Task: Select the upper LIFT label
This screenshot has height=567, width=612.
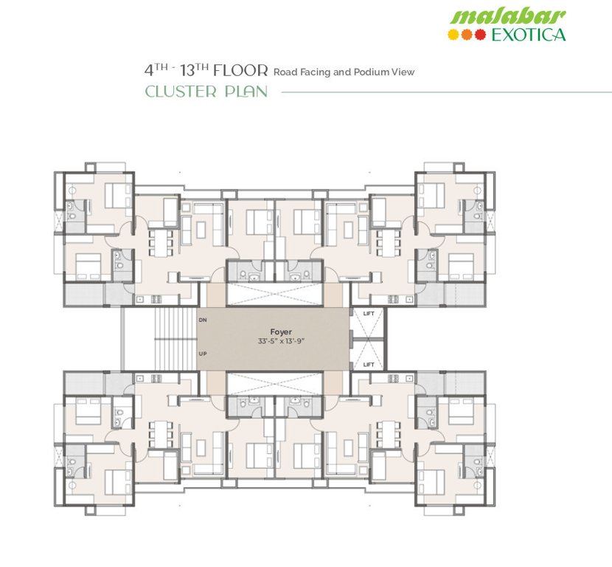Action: point(369,314)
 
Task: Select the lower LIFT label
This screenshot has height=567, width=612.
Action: point(369,364)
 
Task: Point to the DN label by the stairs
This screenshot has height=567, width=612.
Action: point(203,320)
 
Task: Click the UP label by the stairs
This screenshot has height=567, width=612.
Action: point(203,354)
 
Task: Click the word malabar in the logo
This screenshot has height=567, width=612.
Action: point(507,16)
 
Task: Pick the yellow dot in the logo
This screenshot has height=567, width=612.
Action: point(454,34)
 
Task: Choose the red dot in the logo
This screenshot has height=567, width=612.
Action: point(480,34)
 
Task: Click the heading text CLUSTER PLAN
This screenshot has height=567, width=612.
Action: point(206,92)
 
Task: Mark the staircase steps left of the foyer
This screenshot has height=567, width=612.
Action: point(174,337)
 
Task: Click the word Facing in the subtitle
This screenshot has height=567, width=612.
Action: point(316,72)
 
